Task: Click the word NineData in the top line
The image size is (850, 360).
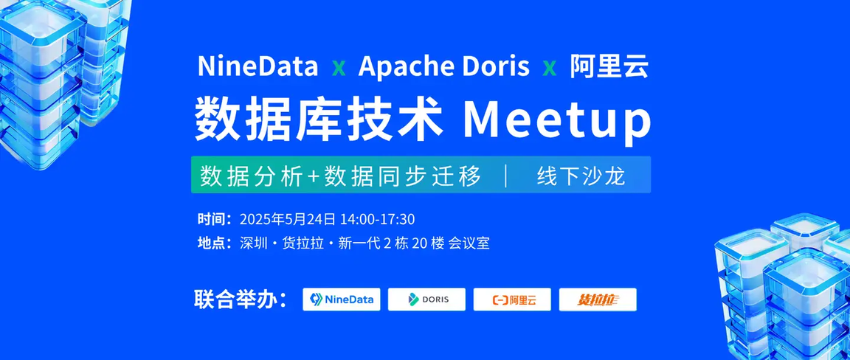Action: point(258,66)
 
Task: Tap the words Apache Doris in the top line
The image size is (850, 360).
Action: point(443,66)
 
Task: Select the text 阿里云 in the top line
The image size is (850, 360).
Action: point(609,66)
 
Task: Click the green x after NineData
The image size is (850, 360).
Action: point(338,69)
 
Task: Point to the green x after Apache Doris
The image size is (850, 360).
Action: point(549,69)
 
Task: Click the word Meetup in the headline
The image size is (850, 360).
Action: point(557,121)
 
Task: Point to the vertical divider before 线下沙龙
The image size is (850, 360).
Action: point(506,176)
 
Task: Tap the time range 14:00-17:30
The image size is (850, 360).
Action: point(377,220)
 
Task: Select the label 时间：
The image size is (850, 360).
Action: point(215,220)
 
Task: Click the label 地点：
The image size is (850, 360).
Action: point(215,243)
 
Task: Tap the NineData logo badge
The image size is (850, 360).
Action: point(342,300)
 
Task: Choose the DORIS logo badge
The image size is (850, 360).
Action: point(426,300)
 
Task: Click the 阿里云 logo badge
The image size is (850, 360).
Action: point(512,300)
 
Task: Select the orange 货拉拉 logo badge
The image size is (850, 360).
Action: point(598,300)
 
